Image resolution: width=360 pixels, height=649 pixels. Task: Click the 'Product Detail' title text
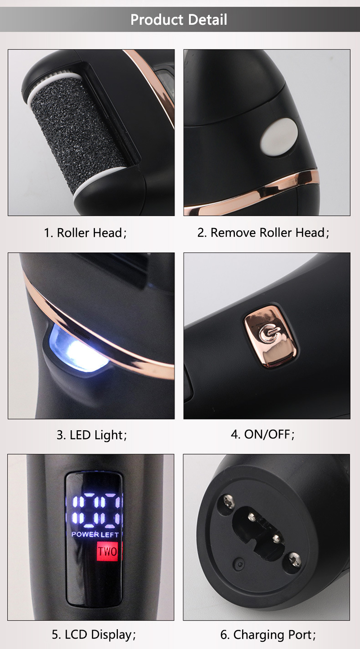point(179,20)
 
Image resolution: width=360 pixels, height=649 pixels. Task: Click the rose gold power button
point(270,337)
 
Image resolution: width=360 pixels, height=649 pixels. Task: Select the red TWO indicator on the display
point(108,551)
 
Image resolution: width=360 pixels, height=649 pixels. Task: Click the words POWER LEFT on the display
point(95,535)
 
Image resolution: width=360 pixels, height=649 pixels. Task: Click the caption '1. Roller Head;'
point(85,233)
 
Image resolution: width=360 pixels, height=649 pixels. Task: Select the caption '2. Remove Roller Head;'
point(263,233)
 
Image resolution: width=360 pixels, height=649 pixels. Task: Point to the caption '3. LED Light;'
point(92,435)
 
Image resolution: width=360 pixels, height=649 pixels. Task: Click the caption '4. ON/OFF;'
point(263,434)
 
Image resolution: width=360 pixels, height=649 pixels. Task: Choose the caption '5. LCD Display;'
point(94,635)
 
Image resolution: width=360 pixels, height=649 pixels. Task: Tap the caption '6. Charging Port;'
point(268,635)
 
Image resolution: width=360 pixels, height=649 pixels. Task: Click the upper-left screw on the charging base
point(229,501)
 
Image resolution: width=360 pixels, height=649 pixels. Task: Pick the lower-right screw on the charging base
point(294,559)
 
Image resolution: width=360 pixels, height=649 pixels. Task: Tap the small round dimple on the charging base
point(240,564)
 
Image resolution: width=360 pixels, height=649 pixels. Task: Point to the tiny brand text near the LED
point(82,334)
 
